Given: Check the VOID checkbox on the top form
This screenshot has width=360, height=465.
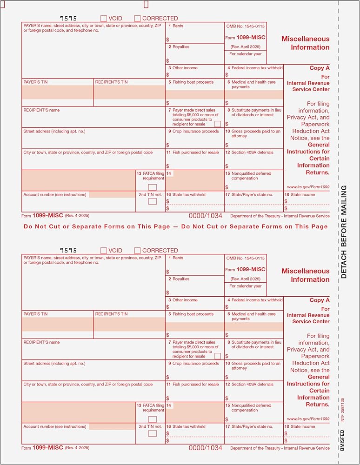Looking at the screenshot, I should point(104,19).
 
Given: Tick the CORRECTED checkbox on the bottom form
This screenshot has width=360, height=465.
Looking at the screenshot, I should point(138,251).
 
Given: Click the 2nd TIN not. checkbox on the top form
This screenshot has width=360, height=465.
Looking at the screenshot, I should point(153,201).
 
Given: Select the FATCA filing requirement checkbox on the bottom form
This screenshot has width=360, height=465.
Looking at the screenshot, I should point(153,419).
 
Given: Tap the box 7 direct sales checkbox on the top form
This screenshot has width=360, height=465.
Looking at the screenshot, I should point(218,124).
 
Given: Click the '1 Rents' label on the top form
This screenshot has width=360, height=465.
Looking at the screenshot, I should point(176,26).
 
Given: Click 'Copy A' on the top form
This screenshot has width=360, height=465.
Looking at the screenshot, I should point(320,68).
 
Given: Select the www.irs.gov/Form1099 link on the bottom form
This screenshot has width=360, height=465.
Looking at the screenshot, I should point(308,419).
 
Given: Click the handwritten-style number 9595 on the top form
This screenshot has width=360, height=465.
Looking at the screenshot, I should point(68,18).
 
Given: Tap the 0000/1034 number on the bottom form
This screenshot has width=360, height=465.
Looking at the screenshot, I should point(205,448).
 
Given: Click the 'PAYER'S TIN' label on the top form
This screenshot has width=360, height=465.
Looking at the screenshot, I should point(35,82).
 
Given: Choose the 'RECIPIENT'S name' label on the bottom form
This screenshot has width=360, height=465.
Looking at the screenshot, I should point(41,342).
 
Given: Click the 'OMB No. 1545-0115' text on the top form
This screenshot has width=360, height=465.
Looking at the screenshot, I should point(245,26).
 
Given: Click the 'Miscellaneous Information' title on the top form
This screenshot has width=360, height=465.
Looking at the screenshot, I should point(305,43).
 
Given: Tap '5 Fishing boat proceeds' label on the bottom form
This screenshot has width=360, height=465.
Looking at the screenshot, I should point(191,314).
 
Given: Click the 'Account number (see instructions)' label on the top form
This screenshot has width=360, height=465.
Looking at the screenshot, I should point(54,195).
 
